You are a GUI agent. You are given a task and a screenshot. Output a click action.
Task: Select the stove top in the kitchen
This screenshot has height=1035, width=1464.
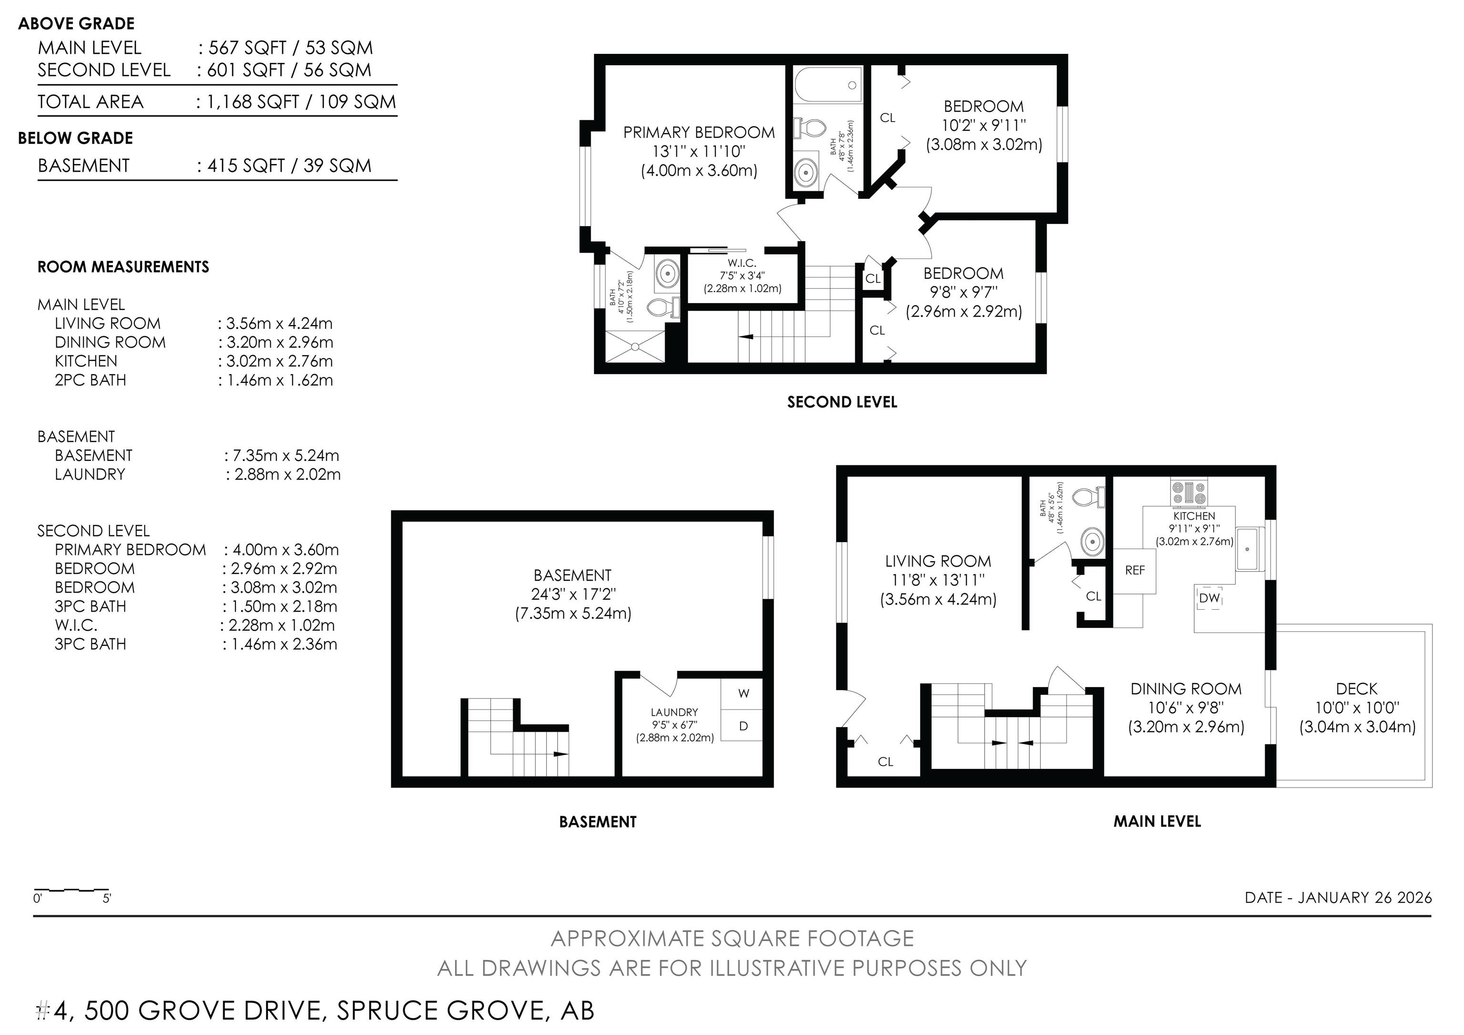[1189, 493]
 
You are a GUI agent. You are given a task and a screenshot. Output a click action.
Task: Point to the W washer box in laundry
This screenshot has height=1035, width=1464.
[743, 693]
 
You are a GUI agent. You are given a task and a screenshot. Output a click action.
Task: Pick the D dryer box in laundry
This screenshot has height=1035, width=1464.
[743, 726]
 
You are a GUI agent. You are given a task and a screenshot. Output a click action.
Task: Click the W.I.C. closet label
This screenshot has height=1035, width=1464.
[742, 263]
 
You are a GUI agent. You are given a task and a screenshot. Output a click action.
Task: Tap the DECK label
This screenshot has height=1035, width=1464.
[1357, 689]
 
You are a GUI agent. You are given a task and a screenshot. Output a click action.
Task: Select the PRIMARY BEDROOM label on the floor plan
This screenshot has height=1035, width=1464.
[699, 133]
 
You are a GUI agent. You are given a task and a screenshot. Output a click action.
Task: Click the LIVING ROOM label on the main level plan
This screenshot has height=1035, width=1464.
[938, 561]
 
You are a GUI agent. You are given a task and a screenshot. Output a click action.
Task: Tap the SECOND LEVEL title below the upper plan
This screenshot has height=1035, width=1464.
[842, 402]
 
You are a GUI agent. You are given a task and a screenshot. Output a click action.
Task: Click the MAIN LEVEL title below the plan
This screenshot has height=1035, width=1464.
[1157, 821]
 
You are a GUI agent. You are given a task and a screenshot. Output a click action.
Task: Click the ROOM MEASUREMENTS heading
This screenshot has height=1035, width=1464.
[123, 267]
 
